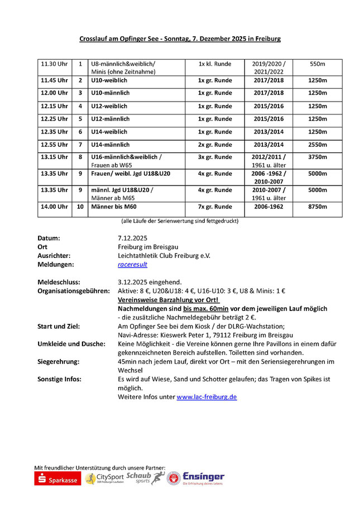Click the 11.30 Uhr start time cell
[x=54, y=64]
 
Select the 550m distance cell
[x=317, y=64]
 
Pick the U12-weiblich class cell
[x=109, y=106]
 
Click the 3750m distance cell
[x=317, y=157]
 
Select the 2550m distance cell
[x=317, y=145]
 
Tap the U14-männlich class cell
[x=110, y=145]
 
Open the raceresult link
[x=132, y=264]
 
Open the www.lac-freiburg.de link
[x=207, y=397]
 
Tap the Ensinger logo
[x=203, y=478]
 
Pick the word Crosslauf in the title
[x=92, y=39]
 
